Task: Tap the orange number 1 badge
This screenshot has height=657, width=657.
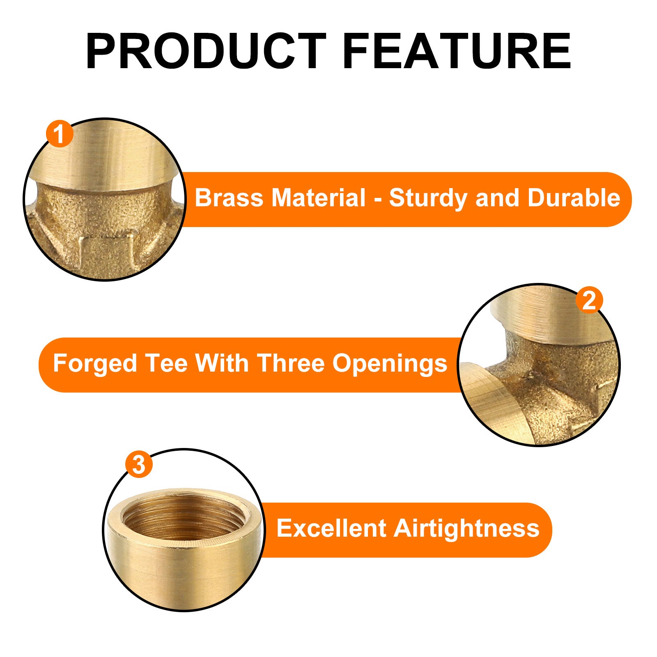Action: point(60,134)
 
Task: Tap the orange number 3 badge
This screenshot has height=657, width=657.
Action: point(139,464)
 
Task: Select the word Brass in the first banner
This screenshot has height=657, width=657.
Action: point(229,198)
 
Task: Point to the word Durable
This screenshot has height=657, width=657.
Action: point(574,198)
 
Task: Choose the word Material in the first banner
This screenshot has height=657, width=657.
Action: point(318,198)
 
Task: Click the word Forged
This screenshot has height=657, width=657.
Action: point(95,364)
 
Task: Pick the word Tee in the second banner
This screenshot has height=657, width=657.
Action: point(166,363)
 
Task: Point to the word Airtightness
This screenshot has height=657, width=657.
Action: point(466,529)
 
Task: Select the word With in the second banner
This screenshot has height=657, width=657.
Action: point(222,363)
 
